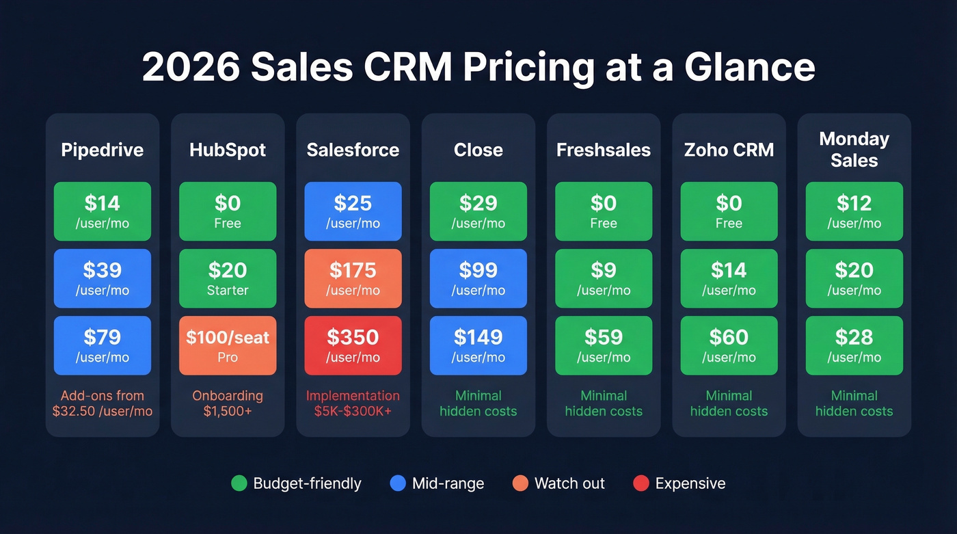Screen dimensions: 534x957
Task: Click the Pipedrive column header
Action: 103,150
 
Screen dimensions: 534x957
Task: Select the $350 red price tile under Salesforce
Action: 353,345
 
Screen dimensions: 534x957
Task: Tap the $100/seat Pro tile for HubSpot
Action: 228,345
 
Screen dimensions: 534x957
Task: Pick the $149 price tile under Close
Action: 478,345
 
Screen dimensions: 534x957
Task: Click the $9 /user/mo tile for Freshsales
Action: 604,278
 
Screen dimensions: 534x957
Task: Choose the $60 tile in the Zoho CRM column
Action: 729,345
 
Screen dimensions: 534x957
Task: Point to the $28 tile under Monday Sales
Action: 854,345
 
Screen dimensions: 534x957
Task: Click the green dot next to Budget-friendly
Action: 239,483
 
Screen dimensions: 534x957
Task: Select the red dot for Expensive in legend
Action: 641,483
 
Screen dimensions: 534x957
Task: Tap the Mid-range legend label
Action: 448,483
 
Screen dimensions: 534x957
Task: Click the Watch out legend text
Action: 569,483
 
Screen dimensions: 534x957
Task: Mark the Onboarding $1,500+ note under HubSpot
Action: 228,403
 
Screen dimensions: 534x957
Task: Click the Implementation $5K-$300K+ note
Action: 353,403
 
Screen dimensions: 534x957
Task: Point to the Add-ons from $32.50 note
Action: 103,403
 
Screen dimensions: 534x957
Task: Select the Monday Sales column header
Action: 854,150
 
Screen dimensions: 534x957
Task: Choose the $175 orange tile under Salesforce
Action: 353,278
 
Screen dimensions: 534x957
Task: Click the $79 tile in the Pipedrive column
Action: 103,345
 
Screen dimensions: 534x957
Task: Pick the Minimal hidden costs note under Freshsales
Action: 604,403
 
